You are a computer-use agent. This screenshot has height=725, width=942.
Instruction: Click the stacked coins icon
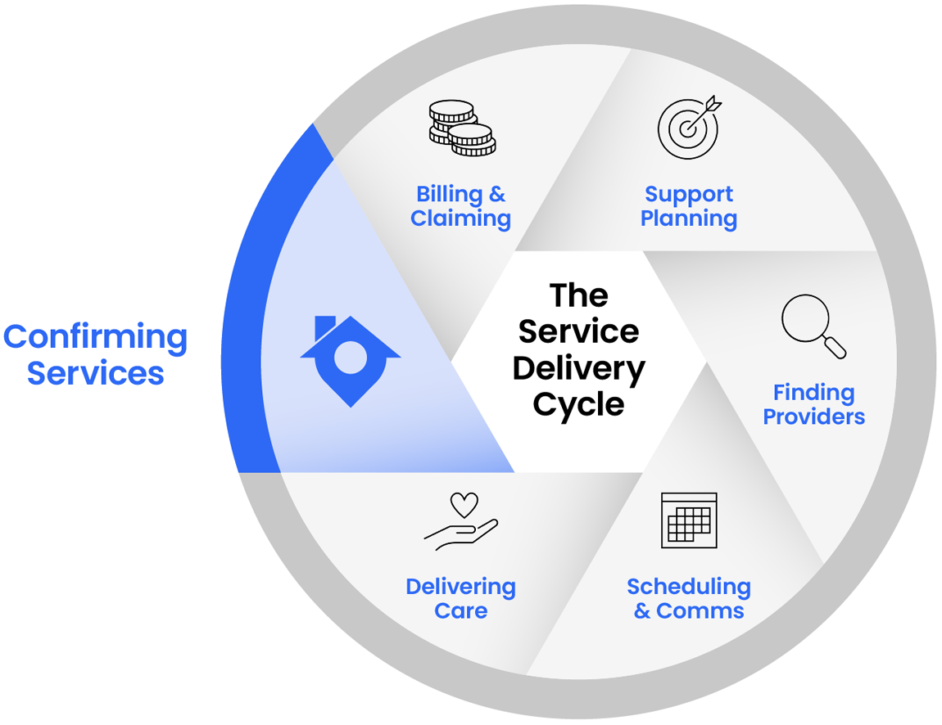462,128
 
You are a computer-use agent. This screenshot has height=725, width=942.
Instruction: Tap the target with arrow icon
690,127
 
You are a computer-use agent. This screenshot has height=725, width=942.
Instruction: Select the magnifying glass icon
813,326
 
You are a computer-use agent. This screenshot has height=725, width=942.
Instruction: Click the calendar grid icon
689,520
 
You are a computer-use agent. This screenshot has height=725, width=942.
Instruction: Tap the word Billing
449,195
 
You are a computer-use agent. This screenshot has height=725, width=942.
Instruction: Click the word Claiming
460,219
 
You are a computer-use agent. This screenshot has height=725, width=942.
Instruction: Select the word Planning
688,219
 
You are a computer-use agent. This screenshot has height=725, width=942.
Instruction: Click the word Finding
813,393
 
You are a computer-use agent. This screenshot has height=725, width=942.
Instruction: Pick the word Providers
813,417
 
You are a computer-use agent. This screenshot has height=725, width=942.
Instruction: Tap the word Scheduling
688,587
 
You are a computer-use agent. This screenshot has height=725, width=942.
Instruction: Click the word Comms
700,611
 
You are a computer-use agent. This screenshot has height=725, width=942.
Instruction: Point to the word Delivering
460,587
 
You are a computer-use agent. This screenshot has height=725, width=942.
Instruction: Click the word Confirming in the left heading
95,337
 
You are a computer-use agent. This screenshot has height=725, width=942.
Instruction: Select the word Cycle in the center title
578,404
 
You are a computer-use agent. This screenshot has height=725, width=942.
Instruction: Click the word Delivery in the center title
578,368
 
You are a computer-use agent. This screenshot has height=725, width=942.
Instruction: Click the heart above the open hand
464,504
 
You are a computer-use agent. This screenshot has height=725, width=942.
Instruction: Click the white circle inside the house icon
351,358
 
